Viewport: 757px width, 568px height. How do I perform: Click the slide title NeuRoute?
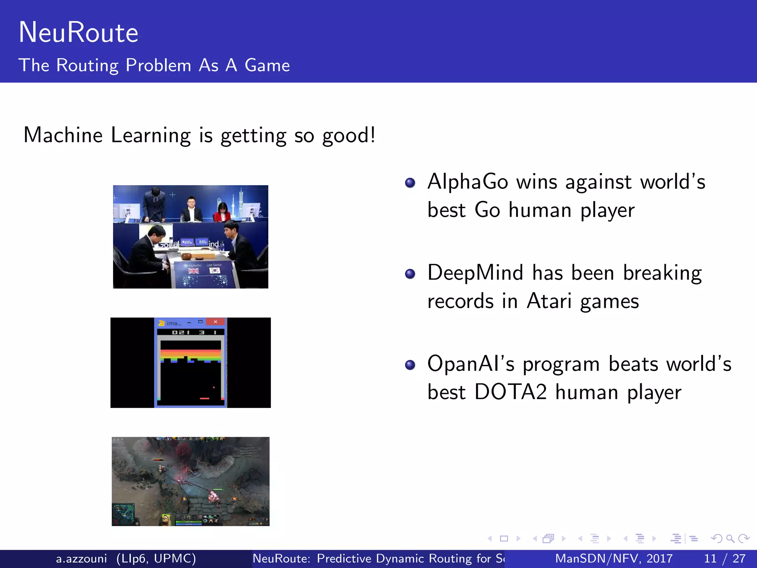click(78, 33)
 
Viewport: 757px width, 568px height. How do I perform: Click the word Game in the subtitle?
click(267, 65)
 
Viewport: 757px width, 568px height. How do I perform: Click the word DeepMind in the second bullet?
click(475, 273)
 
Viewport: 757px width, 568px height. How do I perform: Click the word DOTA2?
click(510, 392)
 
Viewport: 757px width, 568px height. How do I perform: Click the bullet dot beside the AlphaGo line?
click(410, 183)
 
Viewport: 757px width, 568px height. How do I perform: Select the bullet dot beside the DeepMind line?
click(410, 274)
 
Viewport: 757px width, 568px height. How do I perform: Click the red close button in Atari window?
click(215, 322)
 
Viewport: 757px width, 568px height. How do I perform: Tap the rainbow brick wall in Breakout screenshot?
click(191, 354)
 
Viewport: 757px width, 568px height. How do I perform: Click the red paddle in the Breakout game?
click(204, 399)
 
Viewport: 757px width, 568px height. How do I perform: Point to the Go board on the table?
click(198, 256)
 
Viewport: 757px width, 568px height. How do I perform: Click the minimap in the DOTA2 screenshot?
click(124, 514)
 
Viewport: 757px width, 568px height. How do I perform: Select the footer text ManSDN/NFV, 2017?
click(614, 558)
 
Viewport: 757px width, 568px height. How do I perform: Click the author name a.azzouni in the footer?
click(81, 558)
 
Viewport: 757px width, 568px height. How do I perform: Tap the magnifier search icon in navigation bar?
click(730, 538)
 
